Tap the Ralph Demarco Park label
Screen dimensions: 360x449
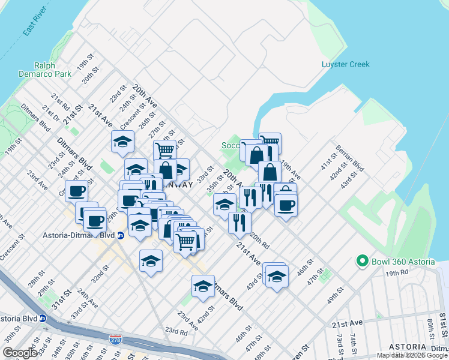(x=53, y=70)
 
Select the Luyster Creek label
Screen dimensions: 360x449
(x=345, y=64)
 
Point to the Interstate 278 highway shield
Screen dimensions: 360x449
(x=114, y=340)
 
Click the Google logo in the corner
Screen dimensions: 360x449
(x=20, y=353)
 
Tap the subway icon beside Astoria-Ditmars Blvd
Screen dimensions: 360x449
(x=120, y=235)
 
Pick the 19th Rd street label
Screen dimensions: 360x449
(x=397, y=272)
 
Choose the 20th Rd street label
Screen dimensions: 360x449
(x=260, y=241)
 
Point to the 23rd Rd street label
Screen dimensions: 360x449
(x=176, y=331)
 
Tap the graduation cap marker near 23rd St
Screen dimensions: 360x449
(x=122, y=143)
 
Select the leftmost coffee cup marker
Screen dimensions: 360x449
(x=76, y=191)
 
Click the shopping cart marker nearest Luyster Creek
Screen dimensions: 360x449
(x=270, y=143)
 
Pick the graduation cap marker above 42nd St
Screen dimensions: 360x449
(x=203, y=286)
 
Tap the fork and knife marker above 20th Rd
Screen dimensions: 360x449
(x=240, y=223)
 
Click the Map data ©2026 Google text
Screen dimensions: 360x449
(x=412, y=355)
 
